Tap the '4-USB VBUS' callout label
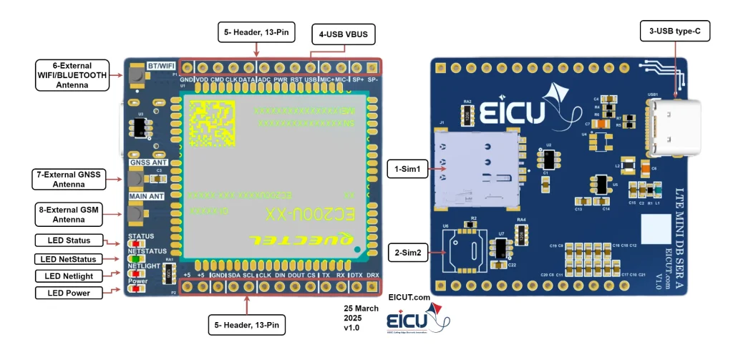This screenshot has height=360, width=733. [343, 34]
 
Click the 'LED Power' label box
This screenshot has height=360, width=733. [69, 292]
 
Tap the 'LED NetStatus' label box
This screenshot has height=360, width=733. [69, 258]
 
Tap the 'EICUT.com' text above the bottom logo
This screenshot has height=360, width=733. [409, 296]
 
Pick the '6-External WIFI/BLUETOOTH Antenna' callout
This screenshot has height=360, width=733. [72, 74]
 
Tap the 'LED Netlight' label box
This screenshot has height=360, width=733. [69, 276]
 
